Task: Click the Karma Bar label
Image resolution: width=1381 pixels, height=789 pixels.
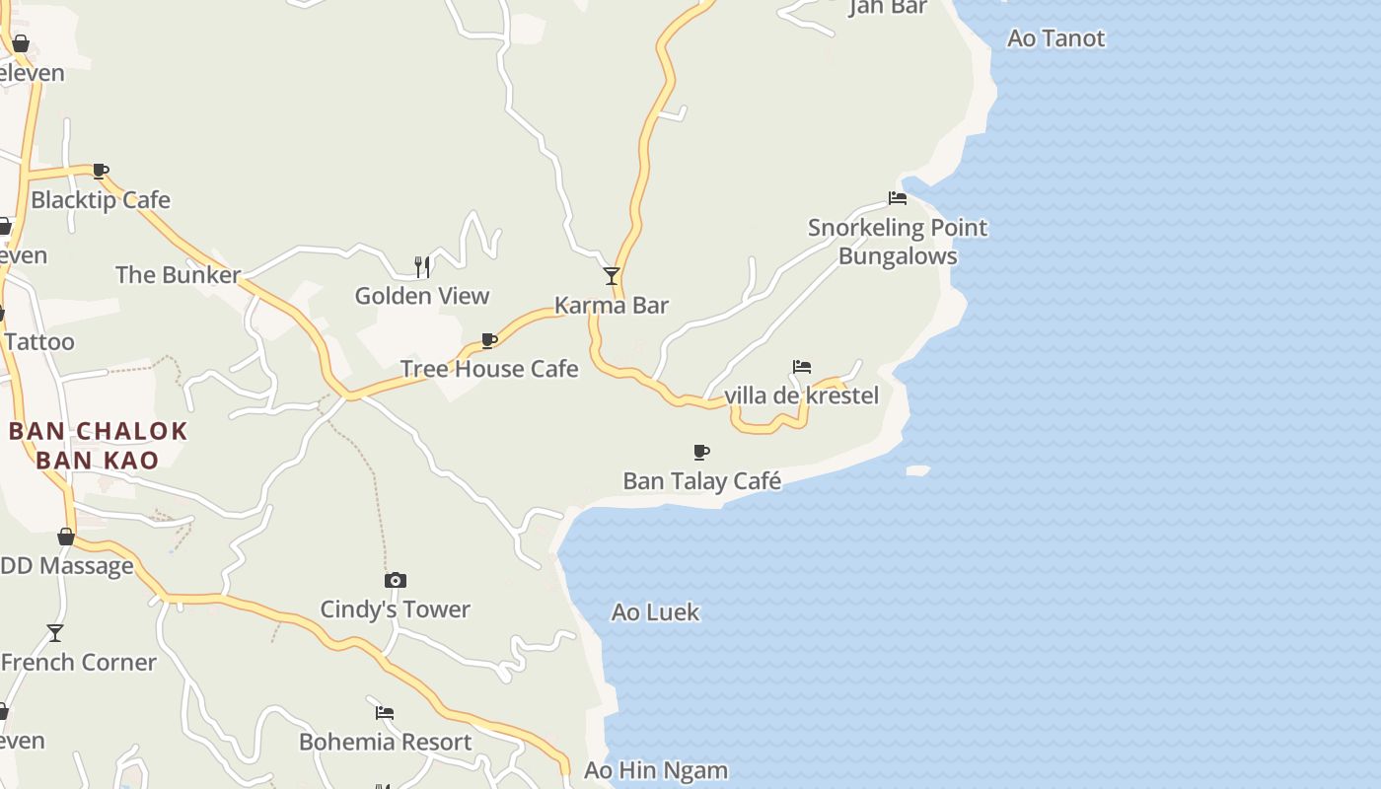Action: click(x=612, y=306)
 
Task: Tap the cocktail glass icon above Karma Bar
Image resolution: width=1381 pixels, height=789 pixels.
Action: click(x=612, y=276)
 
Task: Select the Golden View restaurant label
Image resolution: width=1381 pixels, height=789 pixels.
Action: click(x=422, y=296)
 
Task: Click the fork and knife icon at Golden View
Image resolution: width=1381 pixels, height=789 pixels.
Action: click(x=422, y=266)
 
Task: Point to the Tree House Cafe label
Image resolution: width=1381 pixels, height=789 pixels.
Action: click(x=489, y=369)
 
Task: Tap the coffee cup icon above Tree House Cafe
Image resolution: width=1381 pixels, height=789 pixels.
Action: click(x=488, y=341)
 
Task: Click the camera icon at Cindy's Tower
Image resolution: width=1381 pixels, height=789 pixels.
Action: click(x=395, y=580)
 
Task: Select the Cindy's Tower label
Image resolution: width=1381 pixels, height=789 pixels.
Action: click(x=395, y=610)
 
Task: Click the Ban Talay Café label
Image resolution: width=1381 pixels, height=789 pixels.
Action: click(x=702, y=481)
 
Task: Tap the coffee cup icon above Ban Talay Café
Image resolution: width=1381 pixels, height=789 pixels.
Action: click(x=701, y=453)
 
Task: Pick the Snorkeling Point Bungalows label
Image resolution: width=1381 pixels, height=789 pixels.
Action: click(x=898, y=242)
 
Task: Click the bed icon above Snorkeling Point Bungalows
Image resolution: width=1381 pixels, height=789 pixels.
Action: click(x=898, y=198)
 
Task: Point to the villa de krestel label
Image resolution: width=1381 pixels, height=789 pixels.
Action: click(x=802, y=396)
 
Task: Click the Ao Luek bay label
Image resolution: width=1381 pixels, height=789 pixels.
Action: click(x=655, y=612)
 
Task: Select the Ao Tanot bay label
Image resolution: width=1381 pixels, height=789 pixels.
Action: click(x=1055, y=38)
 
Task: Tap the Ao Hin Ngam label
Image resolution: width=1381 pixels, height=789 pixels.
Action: click(x=656, y=770)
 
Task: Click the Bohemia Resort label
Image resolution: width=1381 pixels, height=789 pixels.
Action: click(x=386, y=742)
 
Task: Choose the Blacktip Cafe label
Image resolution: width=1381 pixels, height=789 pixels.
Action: click(x=101, y=200)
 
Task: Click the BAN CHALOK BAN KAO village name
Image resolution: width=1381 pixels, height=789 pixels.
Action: click(x=98, y=445)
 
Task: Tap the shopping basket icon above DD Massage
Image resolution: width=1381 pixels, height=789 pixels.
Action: click(x=66, y=538)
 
